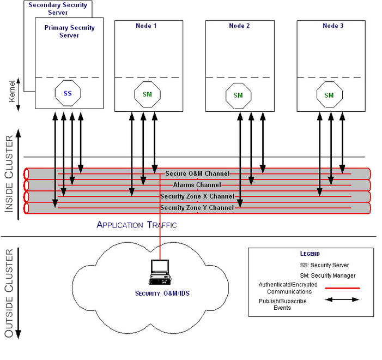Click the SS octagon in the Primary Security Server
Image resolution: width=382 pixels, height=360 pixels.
68,93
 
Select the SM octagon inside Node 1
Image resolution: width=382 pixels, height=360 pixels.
147,94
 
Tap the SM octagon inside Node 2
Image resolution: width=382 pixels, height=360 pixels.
238,95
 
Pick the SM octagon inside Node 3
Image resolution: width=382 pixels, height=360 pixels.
329,95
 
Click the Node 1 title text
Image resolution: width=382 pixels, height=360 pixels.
147,26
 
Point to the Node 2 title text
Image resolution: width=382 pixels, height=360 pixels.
238,26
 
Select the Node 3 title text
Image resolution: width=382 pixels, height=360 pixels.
330,26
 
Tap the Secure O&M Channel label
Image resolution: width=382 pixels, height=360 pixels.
197,173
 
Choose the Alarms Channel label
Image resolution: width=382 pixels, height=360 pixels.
197,185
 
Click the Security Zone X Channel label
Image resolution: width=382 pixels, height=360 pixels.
197,196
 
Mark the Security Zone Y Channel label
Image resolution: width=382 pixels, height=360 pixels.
197,208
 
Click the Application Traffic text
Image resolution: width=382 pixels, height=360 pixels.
137,225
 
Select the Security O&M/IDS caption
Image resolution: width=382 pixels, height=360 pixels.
162,293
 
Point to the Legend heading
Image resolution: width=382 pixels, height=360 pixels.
310,254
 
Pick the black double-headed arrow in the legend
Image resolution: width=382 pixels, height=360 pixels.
342,299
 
